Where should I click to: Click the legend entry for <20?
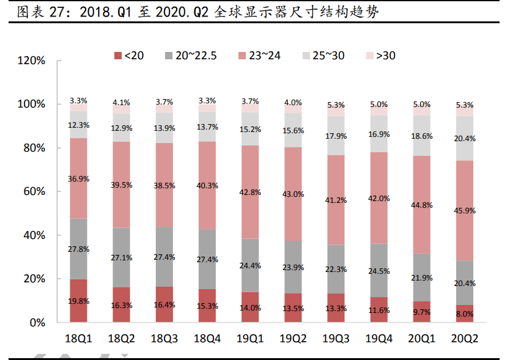coord(129,56)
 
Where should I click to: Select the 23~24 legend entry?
coord(259,56)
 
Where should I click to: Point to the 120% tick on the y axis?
coord(32,61)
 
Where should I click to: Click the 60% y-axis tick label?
coord(35,192)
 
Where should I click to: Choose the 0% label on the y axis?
coord(38,323)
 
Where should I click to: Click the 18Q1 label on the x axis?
coord(78,338)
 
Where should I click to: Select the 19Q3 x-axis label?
coord(336,338)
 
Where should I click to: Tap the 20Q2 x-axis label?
coord(465,338)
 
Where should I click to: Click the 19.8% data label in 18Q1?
coord(78,301)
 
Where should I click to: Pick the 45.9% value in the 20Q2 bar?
coord(465,210)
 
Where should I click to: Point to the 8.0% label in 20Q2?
coord(465,314)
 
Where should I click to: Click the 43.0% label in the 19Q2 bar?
coord(293,194)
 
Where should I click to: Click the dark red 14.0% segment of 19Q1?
coord(250,307)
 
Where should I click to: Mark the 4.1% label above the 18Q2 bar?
coord(121,102)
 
